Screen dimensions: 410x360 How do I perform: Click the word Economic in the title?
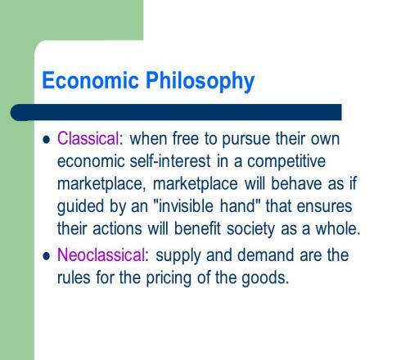[91, 80]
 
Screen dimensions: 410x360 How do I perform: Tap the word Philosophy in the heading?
[200, 81]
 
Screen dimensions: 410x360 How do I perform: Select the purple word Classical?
[88, 138]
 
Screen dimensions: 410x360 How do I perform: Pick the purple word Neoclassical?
[101, 255]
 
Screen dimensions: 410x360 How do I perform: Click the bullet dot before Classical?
[47, 140]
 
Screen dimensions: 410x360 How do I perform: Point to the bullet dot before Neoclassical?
[47, 256]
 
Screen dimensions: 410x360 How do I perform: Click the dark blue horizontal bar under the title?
[176, 112]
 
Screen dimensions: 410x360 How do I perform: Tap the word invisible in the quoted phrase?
[186, 205]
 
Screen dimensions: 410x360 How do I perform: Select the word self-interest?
[170, 160]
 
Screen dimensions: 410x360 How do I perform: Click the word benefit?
[197, 228]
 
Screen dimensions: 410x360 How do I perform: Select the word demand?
[265, 255]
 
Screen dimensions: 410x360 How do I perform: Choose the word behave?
[296, 183]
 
